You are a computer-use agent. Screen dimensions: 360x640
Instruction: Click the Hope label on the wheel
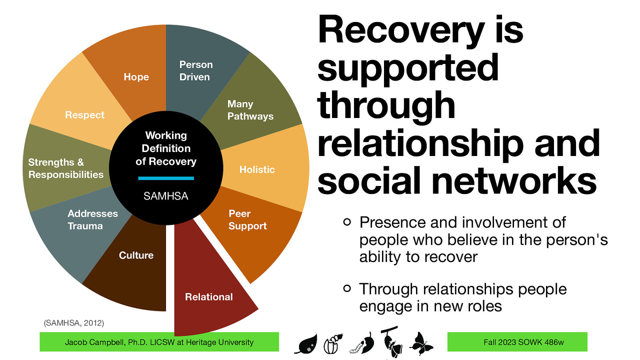(136, 77)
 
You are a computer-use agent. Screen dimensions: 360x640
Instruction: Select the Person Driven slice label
(196, 71)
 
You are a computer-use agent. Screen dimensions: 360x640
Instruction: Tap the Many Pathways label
(250, 110)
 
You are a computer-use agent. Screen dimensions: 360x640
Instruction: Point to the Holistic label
(257, 170)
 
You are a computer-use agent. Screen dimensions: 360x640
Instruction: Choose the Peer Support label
(247, 220)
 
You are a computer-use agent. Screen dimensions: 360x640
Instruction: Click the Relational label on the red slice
(209, 297)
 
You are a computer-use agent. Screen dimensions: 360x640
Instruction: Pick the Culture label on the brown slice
(136, 255)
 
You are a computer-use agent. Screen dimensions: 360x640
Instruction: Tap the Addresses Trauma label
(92, 220)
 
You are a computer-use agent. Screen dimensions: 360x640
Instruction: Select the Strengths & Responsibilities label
(66, 168)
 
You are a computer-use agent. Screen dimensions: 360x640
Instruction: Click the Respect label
(84, 115)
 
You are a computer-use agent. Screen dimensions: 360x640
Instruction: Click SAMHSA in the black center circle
(166, 196)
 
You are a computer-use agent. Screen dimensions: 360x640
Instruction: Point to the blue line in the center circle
(166, 178)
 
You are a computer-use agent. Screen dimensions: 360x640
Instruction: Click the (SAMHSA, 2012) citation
(74, 323)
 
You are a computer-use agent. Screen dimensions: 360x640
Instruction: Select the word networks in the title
(514, 181)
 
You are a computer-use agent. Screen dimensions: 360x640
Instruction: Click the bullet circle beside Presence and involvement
(347, 222)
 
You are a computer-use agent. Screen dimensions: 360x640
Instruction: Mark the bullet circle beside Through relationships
(347, 288)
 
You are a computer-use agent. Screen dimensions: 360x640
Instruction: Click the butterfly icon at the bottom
(421, 343)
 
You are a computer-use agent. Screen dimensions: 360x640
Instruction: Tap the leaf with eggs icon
(306, 344)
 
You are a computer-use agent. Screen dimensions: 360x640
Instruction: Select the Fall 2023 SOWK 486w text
(523, 342)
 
